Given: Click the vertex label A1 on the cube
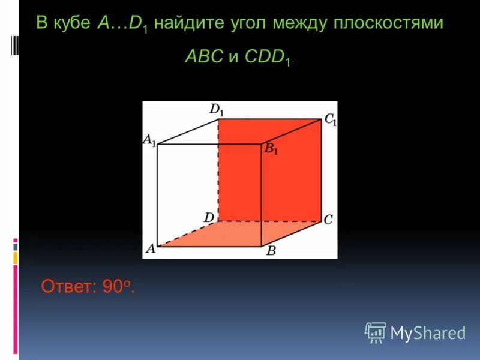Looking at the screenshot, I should tap(149, 140).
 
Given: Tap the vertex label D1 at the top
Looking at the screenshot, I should tap(217, 110).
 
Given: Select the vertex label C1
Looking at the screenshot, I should tap(330, 119).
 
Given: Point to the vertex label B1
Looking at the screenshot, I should tap(272, 149).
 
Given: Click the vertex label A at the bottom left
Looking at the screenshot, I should tap(149, 249).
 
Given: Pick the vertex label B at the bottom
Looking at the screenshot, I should tap(271, 251).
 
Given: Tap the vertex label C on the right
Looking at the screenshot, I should tap(328, 220).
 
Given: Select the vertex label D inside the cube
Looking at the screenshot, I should tap(209, 217).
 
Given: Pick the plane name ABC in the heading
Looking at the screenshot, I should tap(205, 57).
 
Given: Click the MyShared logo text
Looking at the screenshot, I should tap(428, 333).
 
